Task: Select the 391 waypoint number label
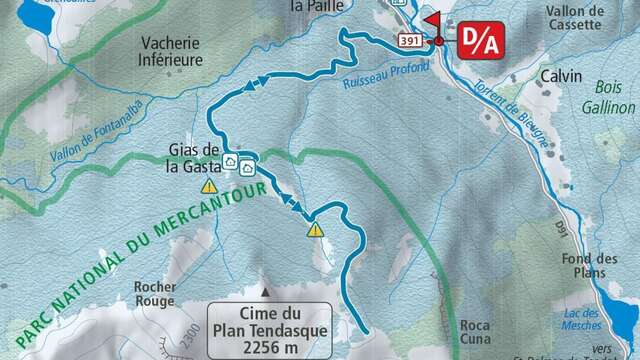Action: [x=409, y=41]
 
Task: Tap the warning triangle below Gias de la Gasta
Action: [x=209, y=186]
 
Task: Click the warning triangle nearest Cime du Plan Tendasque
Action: [x=316, y=229]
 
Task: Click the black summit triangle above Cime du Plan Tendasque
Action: [x=265, y=293]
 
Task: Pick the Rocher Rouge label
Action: [x=154, y=293]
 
